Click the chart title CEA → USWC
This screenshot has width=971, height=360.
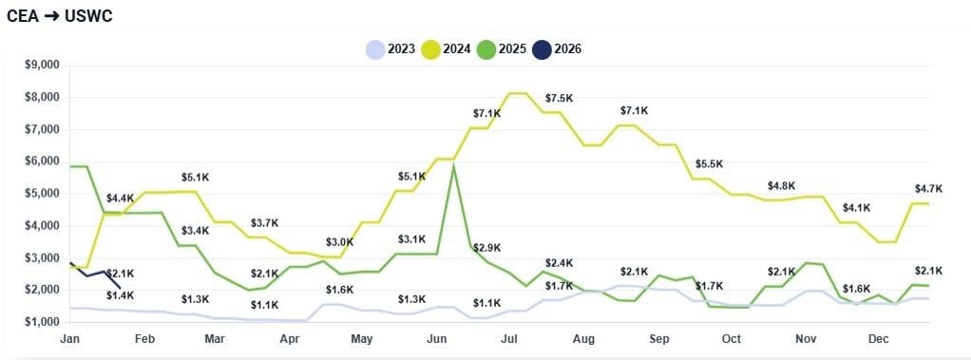pos(60,16)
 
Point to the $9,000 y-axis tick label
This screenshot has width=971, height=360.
pos(41,65)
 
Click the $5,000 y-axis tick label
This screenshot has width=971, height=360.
pos(41,193)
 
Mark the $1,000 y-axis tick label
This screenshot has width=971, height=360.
pos(41,322)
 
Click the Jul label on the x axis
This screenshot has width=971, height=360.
pos(509,338)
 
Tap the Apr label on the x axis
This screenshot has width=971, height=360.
pos(288,338)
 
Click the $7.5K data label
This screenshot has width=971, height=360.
pos(559,99)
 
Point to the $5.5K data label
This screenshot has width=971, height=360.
pos(709,164)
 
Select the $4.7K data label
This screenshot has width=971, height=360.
pos(928,188)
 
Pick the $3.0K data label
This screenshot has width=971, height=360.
pos(339,242)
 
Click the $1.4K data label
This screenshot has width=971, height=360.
pos(120,295)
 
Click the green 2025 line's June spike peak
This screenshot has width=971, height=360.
pos(454,165)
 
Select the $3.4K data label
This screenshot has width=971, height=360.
pos(195,231)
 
